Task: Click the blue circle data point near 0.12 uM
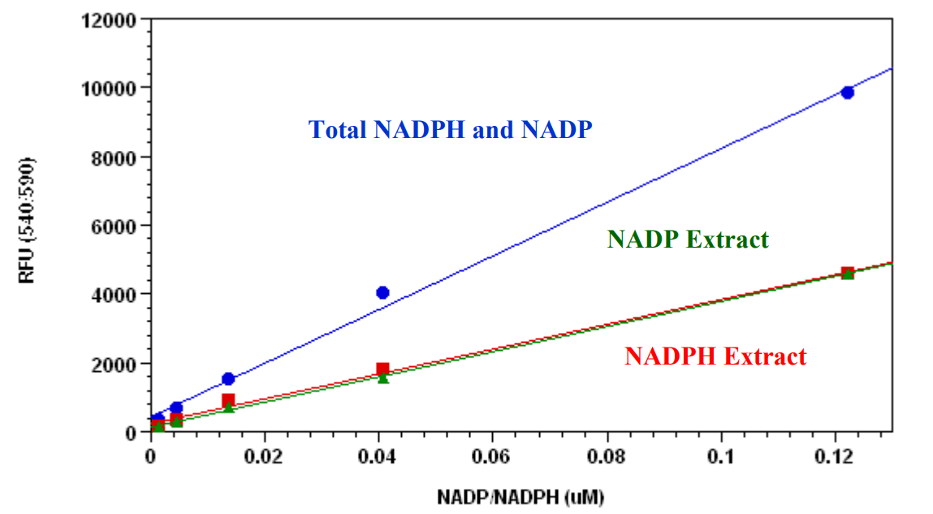847,93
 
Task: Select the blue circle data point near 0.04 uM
382,292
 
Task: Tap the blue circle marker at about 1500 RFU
228,379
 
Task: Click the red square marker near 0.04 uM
382,369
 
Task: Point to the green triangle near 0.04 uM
382,378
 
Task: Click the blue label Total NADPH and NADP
450,130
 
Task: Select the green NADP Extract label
687,240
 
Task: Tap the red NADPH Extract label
715,356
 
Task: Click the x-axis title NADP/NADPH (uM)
521,496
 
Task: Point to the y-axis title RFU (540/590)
28,221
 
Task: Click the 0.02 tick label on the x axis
264,454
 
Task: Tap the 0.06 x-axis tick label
492,454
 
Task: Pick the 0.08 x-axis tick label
607,454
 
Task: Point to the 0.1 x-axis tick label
720,454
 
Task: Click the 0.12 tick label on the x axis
835,454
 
